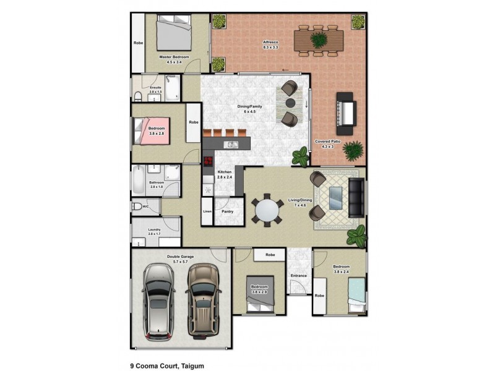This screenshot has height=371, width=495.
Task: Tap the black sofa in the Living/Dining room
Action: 356,197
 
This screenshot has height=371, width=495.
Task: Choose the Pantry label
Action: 227,211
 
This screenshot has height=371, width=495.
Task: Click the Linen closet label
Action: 207,211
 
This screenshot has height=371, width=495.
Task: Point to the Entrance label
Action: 299,275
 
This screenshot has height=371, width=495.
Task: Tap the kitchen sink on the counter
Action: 231,145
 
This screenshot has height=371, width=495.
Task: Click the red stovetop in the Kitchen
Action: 208,162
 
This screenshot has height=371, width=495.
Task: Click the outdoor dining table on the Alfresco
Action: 319,41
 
